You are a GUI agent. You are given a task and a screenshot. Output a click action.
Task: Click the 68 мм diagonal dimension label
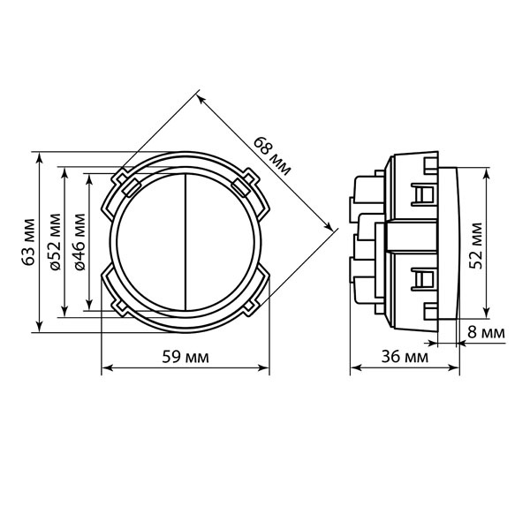(272, 156)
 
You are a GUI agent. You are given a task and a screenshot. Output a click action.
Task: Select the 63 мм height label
(29, 242)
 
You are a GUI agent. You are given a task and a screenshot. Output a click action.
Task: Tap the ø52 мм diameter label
(56, 242)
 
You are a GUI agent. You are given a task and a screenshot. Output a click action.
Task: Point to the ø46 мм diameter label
(79, 242)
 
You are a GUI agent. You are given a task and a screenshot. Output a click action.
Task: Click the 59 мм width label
(185, 357)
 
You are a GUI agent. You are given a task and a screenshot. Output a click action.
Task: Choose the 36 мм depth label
(405, 357)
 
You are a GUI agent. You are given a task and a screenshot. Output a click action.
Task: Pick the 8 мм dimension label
(486, 333)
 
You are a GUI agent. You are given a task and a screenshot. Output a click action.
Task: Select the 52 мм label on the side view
(476, 245)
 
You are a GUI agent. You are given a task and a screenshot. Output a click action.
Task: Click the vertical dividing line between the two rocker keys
(185, 242)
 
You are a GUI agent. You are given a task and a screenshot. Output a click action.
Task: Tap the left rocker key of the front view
(151, 242)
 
